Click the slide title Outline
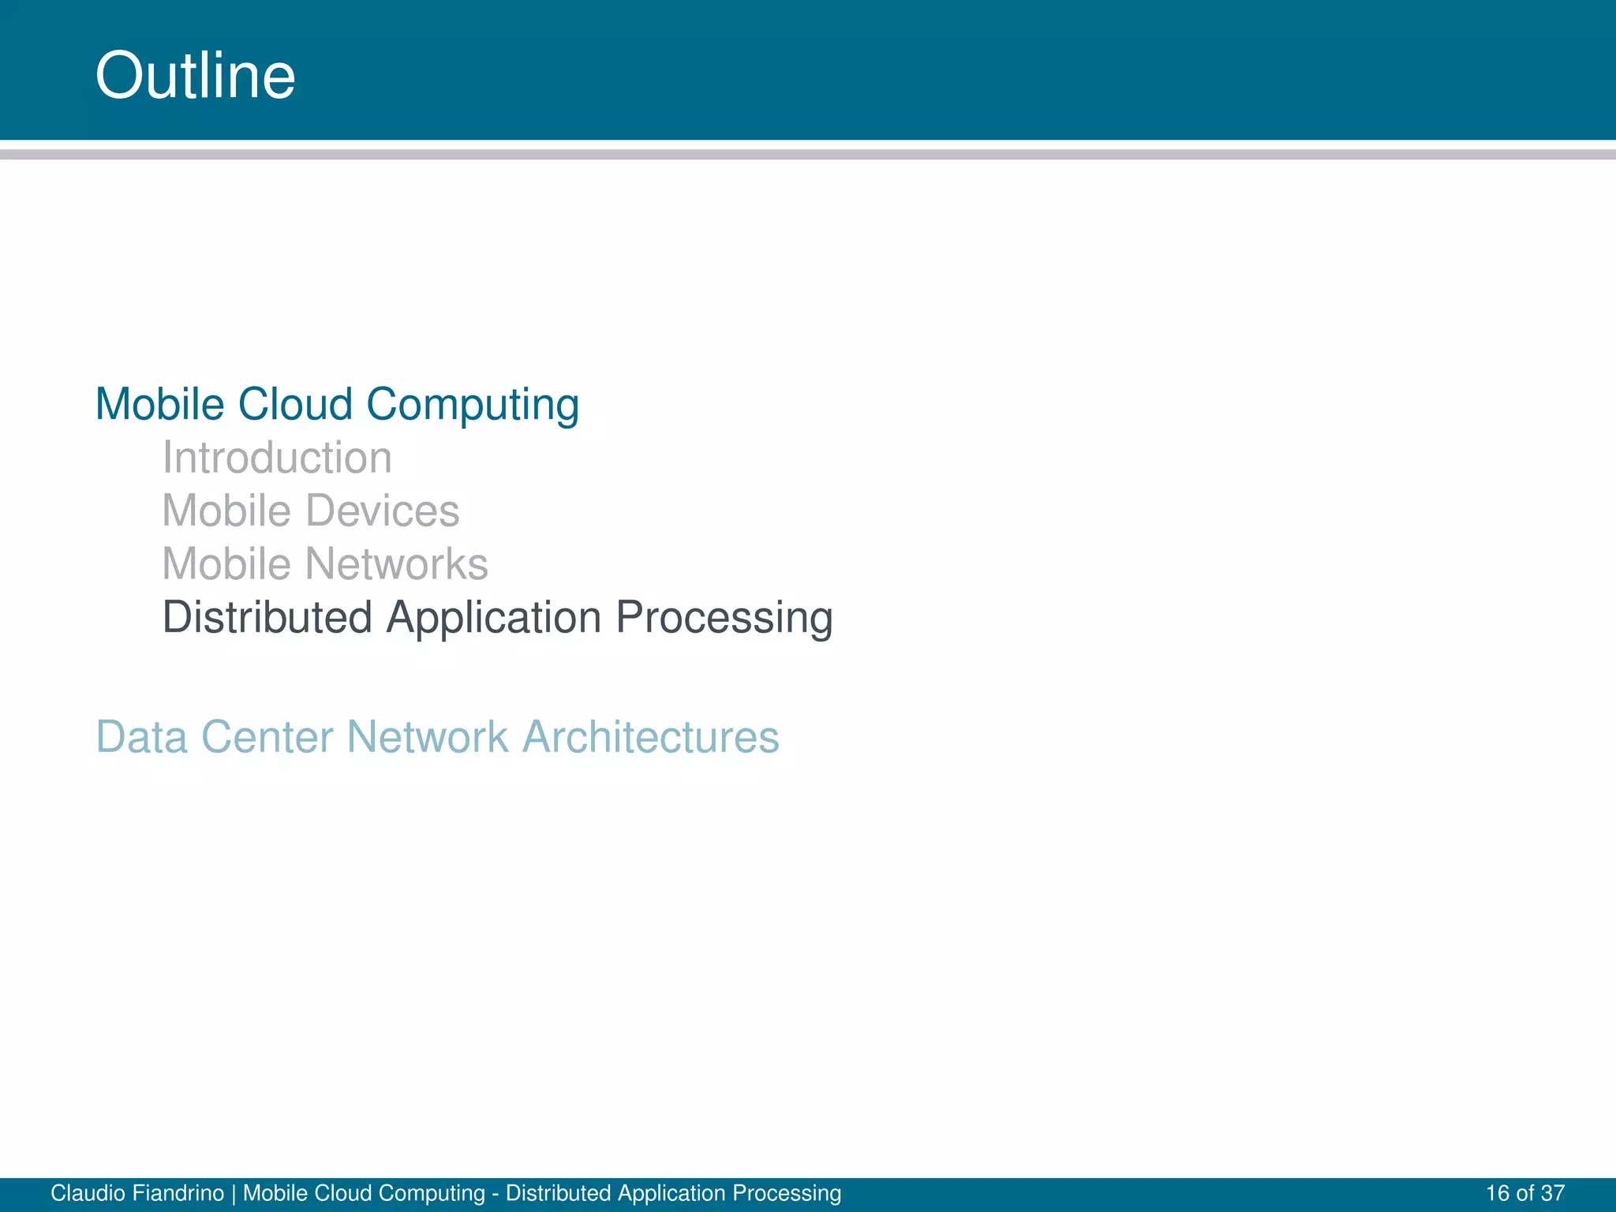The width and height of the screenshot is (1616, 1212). pos(195,76)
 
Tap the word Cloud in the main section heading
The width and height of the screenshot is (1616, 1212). pos(295,405)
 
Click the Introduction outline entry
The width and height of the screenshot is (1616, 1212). pos(277,458)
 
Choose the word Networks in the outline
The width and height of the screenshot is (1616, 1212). pos(396,564)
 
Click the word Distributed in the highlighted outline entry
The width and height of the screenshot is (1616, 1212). pos(267,617)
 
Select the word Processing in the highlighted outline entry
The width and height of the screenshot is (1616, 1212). pos(724,619)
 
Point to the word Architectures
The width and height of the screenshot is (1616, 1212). pos(651,737)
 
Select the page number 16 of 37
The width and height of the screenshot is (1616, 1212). pos(1524,1193)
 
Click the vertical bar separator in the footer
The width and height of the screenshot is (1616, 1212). pos(234,1193)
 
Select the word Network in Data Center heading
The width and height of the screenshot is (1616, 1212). pos(427,737)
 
